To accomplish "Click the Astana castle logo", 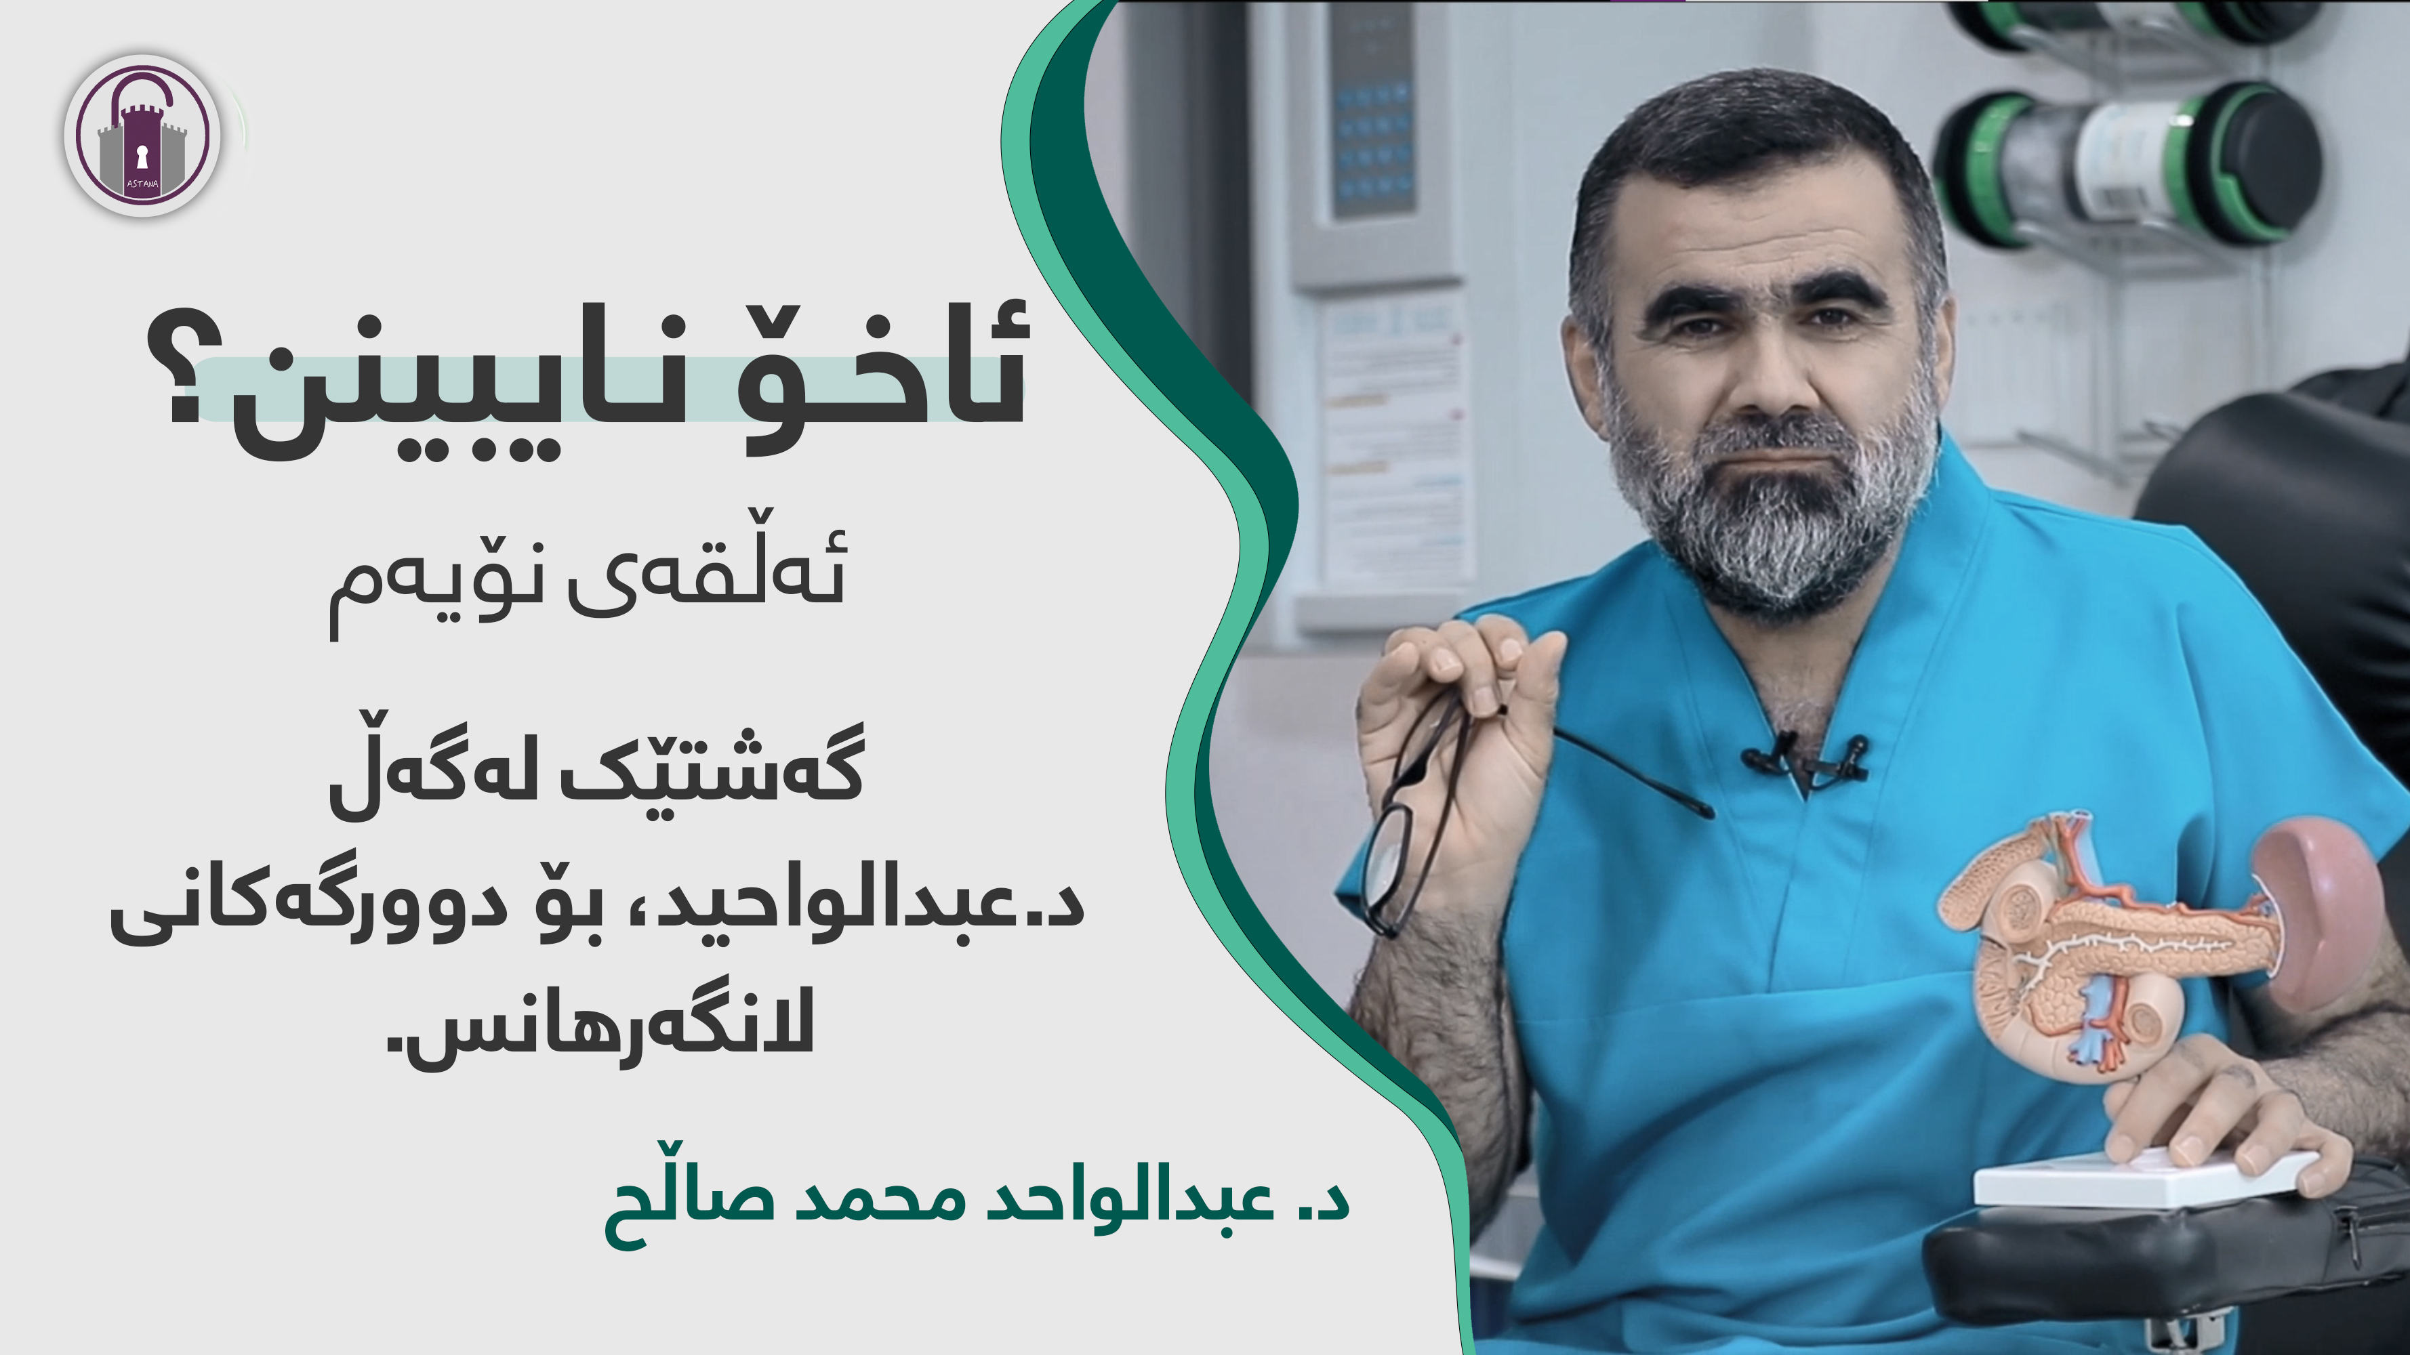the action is [142, 135].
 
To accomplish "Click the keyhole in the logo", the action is [142, 155].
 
